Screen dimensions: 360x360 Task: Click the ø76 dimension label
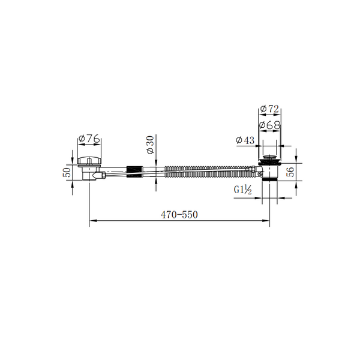tap(89, 139)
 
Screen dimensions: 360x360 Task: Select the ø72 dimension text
tap(270, 109)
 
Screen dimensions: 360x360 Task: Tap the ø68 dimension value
tap(270, 125)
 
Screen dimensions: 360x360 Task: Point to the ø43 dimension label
tap(245, 140)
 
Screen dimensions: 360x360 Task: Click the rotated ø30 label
tap(151, 145)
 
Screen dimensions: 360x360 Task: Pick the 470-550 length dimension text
tap(179, 215)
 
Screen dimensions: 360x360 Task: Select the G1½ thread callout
tap(243, 190)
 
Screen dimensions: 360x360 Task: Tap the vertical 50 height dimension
tap(67, 172)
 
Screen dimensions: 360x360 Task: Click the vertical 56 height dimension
tap(290, 172)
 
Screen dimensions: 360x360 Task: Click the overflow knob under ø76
tap(89, 160)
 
